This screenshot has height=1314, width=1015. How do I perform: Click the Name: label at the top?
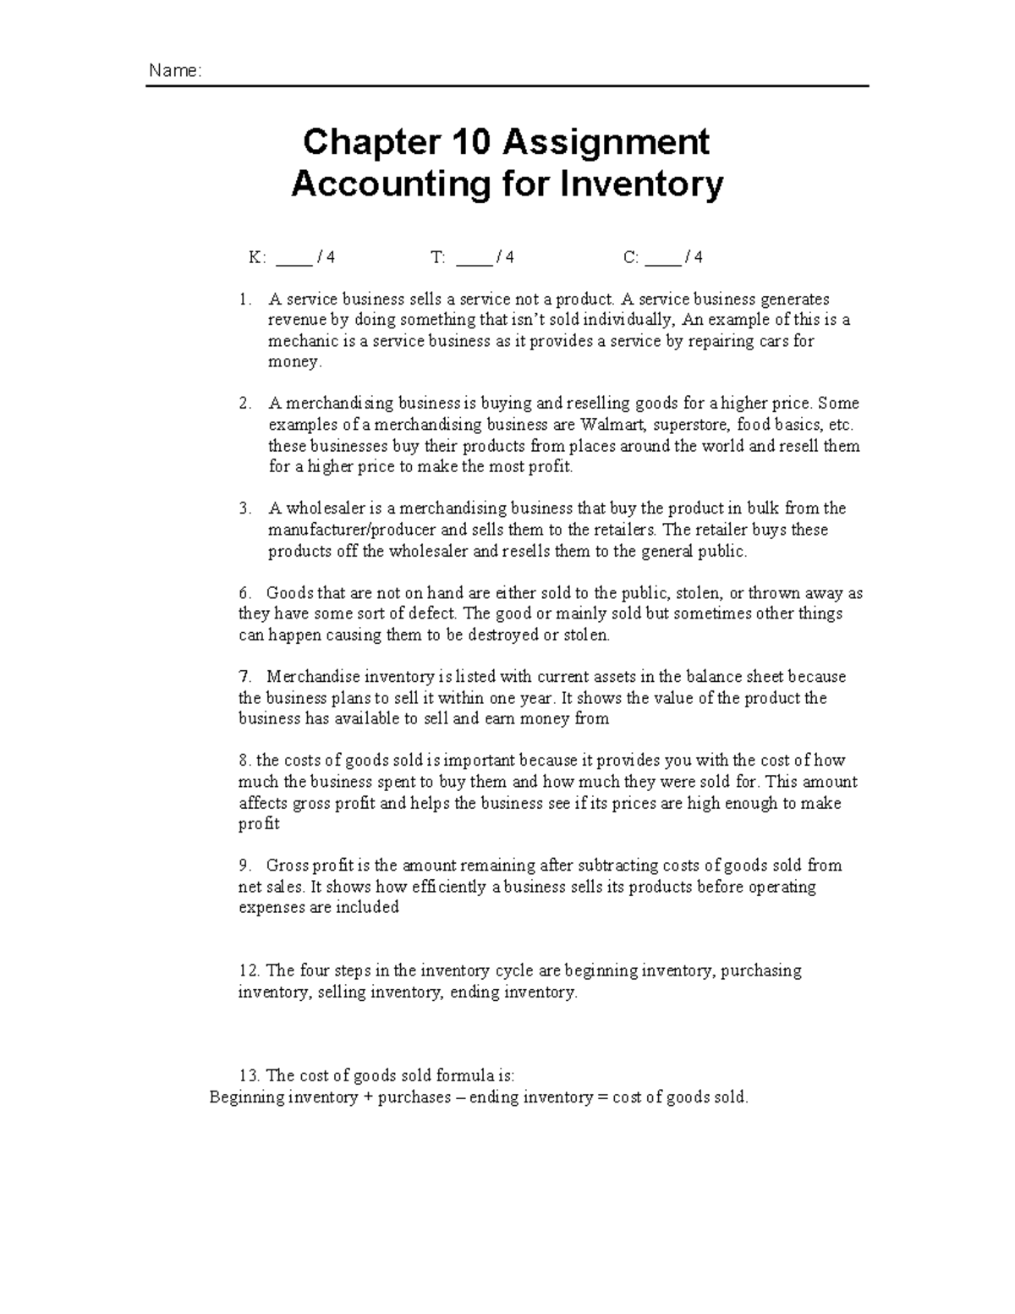[175, 71]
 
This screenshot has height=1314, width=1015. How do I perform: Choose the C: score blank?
[662, 258]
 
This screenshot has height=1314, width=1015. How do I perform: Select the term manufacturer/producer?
[353, 530]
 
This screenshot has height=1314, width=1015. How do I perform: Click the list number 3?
[245, 509]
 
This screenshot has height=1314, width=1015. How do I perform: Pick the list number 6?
[245, 593]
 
